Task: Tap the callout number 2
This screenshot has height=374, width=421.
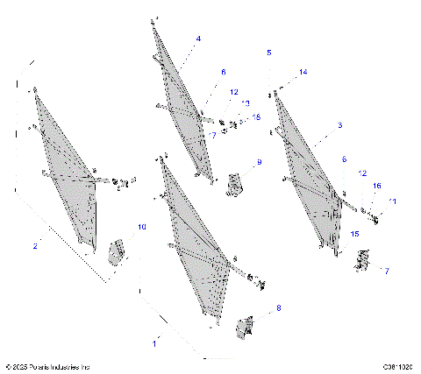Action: point(34,246)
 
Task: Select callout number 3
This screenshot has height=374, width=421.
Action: point(339,126)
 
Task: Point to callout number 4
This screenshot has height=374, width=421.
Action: point(198,39)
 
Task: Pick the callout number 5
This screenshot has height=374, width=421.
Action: point(268,53)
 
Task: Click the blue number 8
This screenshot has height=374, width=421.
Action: point(279,308)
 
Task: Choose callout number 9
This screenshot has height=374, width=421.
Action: point(259,163)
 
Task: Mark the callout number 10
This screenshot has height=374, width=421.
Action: point(140,228)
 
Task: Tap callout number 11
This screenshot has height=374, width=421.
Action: point(392,201)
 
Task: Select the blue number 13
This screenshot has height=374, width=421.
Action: point(246,103)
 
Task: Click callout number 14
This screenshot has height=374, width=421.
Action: point(303,72)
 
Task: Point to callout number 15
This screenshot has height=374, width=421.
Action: point(355,234)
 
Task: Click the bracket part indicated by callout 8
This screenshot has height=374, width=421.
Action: point(245,327)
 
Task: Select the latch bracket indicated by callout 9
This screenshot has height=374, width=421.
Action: point(234,184)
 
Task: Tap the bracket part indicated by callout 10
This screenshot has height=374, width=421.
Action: point(116,252)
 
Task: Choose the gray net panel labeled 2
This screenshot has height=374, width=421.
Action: point(66,166)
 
